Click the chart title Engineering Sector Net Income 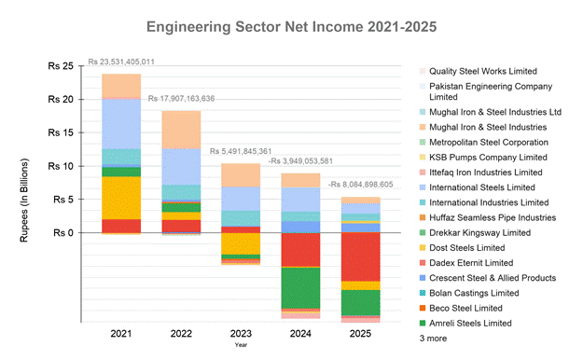click(x=291, y=20)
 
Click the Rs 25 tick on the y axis click(x=60, y=66)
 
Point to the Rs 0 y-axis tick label click(x=62, y=232)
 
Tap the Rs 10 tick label click(x=60, y=166)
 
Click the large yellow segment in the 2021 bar click(x=121, y=198)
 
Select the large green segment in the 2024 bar click(x=301, y=287)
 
